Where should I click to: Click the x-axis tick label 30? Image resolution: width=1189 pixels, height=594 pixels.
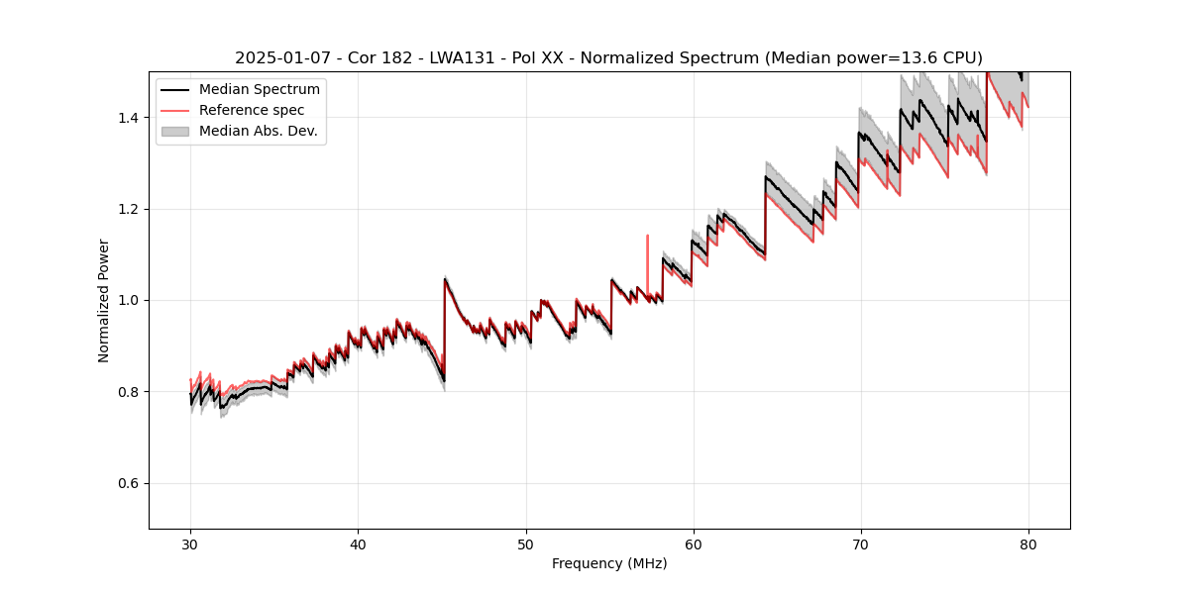(190, 544)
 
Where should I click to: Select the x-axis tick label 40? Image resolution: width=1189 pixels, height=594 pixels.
(358, 544)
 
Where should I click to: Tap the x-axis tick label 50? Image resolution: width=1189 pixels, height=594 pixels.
(526, 544)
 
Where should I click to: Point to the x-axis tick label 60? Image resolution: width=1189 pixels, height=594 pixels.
(694, 544)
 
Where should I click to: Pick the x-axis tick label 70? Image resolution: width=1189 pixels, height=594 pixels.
(861, 544)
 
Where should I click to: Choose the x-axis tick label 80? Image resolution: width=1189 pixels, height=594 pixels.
(1028, 544)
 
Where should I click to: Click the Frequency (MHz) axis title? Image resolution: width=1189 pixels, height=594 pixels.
(609, 563)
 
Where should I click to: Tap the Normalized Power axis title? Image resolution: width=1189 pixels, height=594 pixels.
(104, 300)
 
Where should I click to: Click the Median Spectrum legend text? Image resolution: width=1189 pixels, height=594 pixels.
(260, 90)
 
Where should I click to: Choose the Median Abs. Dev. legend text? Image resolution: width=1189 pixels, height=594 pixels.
(259, 131)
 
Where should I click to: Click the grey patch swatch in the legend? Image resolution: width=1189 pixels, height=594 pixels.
(174, 131)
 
